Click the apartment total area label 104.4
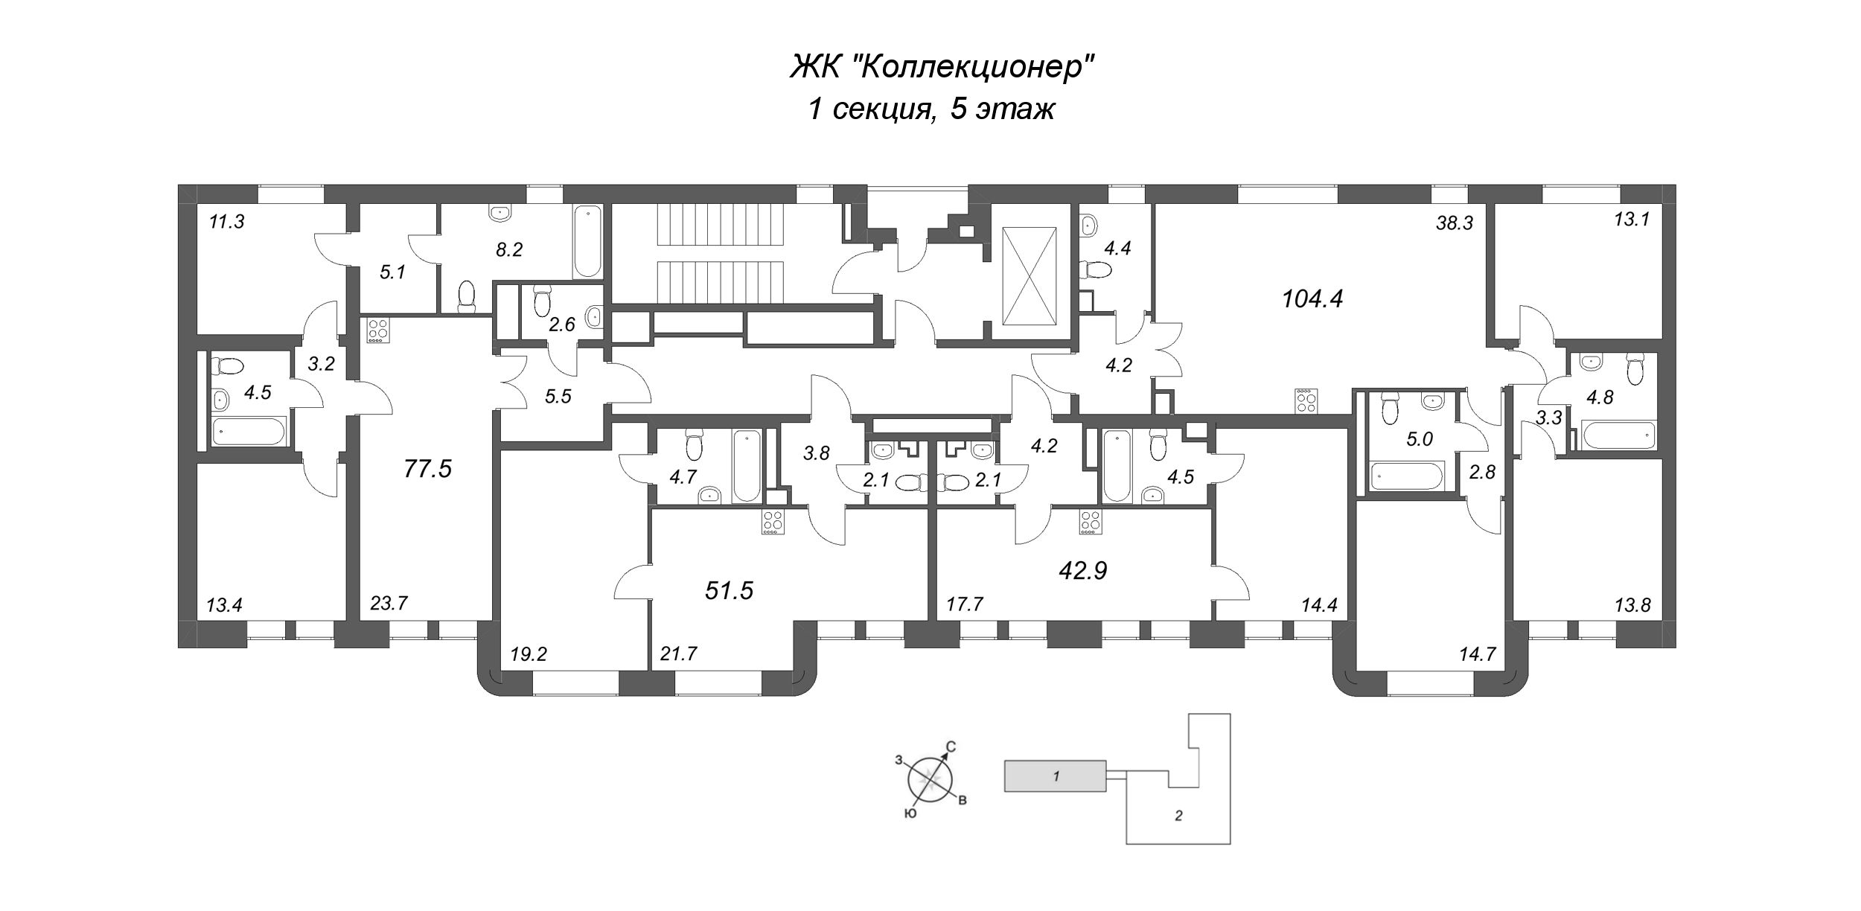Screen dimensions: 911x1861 click(1312, 299)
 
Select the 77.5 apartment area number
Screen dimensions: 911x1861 click(427, 469)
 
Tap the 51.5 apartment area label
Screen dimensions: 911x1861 click(729, 590)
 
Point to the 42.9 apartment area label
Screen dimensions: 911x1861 click(1082, 570)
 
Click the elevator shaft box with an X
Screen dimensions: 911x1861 click(1030, 275)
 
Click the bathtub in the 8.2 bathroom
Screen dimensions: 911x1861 click(587, 242)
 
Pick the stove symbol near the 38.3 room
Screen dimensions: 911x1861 click(1306, 400)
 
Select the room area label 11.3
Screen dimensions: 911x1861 click(226, 222)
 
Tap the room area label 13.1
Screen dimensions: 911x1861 click(1632, 220)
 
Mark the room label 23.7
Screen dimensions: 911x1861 click(389, 603)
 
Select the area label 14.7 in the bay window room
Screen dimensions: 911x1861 click(1478, 654)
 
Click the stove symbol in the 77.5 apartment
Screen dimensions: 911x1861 click(378, 330)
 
